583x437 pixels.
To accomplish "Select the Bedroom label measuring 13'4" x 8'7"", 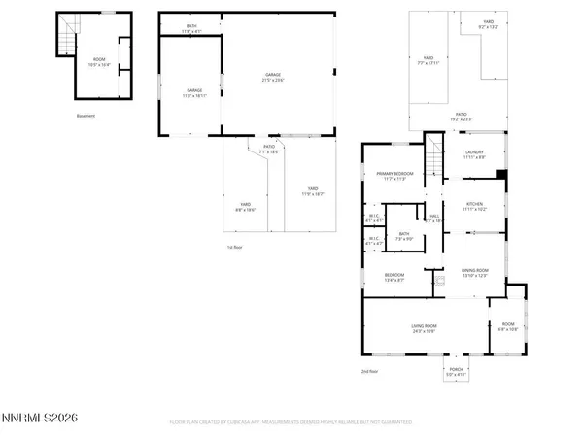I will tap(394, 277).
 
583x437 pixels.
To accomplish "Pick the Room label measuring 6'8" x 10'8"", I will tap(509, 326).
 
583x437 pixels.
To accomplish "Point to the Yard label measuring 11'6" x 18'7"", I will tap(313, 191).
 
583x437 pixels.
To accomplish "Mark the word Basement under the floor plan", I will tap(86, 116).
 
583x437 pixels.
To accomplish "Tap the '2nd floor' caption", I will tap(368, 372).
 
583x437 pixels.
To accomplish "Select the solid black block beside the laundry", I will tap(500, 175).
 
